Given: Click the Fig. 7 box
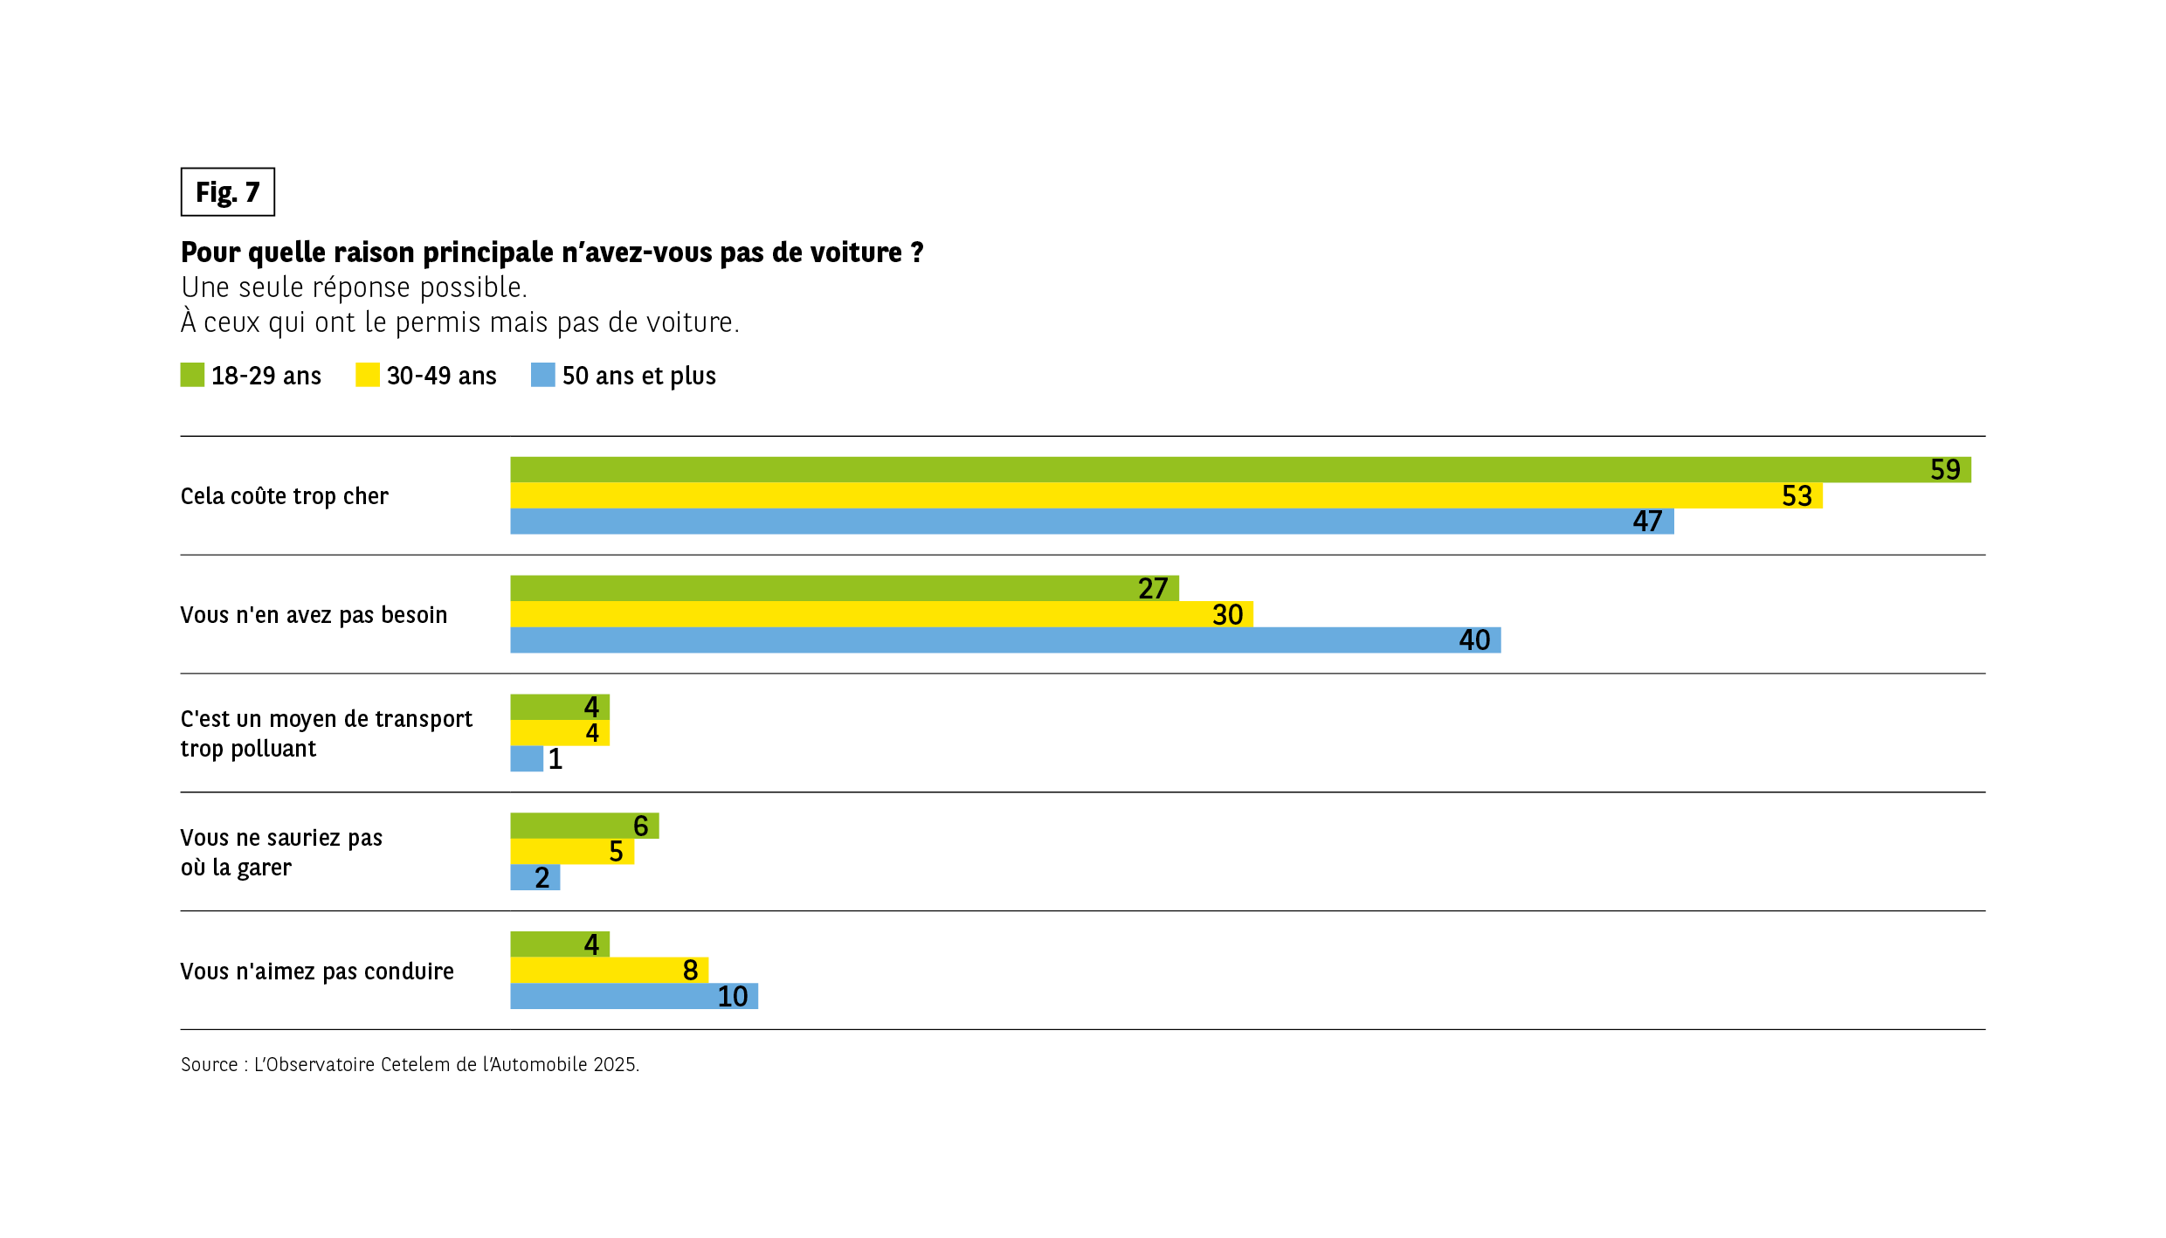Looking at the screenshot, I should pyautogui.click(x=227, y=192).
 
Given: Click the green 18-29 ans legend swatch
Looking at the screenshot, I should pyautogui.click(x=192, y=375).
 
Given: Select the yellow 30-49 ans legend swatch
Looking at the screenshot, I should pyautogui.click(x=368, y=375).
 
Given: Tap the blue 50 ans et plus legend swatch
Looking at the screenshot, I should pyautogui.click(x=542, y=375).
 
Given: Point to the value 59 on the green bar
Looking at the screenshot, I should pyautogui.click(x=1945, y=470).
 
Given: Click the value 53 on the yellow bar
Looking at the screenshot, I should pyautogui.click(x=1797, y=496).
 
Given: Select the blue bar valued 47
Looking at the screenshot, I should pyautogui.click(x=1092, y=522).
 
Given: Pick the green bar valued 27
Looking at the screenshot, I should pyautogui.click(x=844, y=588).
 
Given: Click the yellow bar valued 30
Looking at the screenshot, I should pyautogui.click(x=881, y=614).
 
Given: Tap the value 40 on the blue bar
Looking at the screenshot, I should pyautogui.click(x=1474, y=640).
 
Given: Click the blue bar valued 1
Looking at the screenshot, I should pyautogui.click(x=527, y=758).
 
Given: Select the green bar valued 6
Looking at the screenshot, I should pyautogui.click(x=584, y=826).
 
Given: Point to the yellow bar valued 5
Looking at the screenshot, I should pyautogui.click(x=572, y=851).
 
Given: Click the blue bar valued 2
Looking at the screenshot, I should pyautogui.click(x=535, y=877).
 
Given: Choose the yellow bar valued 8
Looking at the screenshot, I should pyautogui.click(x=609, y=970).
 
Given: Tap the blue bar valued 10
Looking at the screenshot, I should pyautogui.click(x=633, y=996).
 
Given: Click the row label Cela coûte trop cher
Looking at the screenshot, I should pyautogui.click(x=284, y=496).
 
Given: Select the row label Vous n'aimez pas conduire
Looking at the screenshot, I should pyautogui.click(x=317, y=972).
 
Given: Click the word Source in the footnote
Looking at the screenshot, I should pyautogui.click(x=210, y=1064).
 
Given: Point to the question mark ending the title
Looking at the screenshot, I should pyautogui.click(x=917, y=252).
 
